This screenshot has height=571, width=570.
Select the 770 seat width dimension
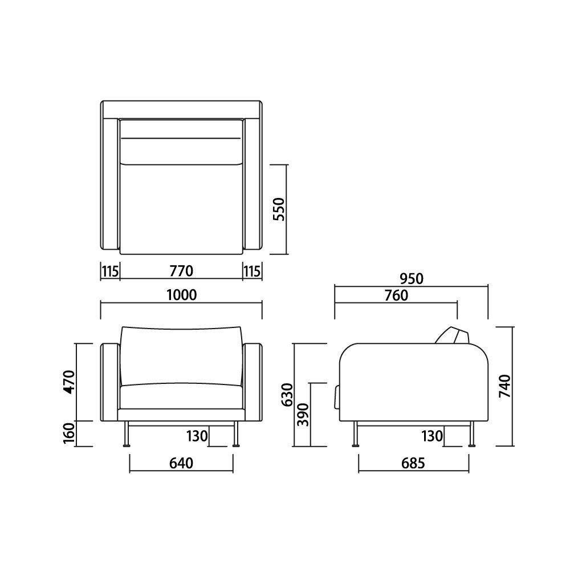coord(181,270)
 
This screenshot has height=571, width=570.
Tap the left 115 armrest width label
coord(110,270)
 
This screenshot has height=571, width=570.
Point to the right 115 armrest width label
coord(253,270)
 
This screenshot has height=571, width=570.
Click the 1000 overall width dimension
coord(181,295)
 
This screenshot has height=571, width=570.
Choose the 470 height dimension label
coord(68,382)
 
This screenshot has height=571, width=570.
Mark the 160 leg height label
coord(68,434)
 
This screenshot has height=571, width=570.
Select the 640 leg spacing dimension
coord(181,463)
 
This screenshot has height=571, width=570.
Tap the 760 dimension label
coord(396,295)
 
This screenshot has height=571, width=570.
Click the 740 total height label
coord(505,386)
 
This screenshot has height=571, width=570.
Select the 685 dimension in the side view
coord(413,463)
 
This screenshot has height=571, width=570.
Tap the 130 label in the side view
coord(431,436)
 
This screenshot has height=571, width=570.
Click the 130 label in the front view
coord(197,436)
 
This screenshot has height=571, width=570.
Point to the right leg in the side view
coord(471,435)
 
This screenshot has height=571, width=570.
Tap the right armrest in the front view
coord(253,383)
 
